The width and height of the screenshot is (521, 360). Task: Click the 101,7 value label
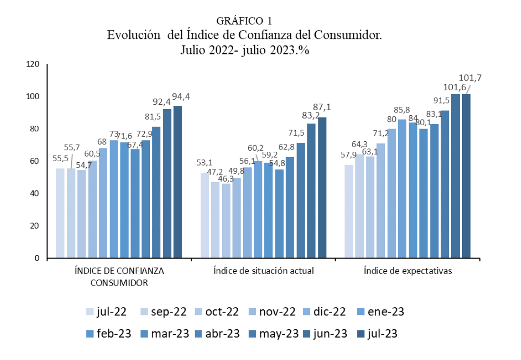(x=470, y=78)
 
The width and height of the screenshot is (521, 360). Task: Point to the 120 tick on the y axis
(x=34, y=64)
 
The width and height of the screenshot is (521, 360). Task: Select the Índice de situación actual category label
(x=263, y=271)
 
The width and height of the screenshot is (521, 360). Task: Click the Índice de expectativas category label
(x=408, y=271)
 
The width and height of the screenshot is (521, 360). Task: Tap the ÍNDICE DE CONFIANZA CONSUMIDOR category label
(x=119, y=277)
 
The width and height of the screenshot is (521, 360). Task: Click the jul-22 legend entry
(x=106, y=312)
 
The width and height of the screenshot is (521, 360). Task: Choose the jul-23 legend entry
(x=376, y=334)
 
